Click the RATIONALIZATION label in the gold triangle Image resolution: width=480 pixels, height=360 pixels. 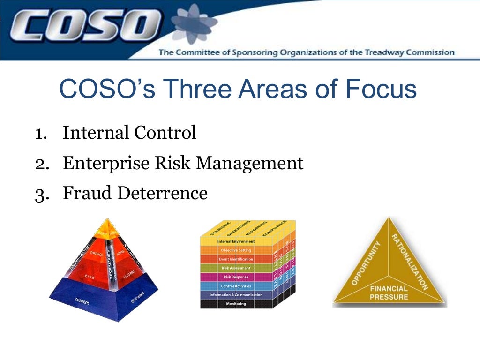click(410, 261)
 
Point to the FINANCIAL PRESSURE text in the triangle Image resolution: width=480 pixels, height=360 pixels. click(389, 293)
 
